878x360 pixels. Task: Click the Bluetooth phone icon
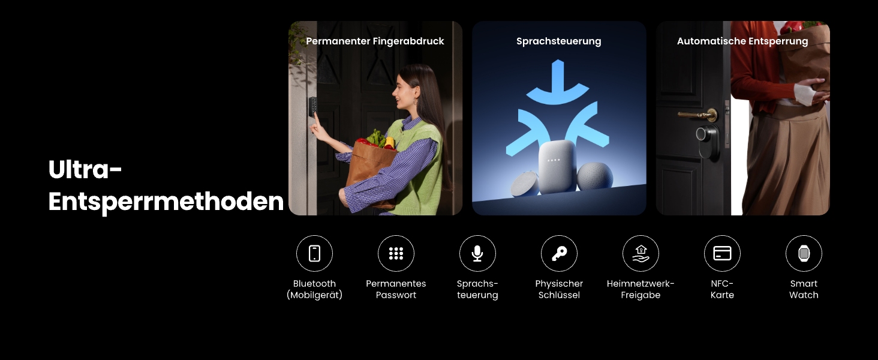click(314, 253)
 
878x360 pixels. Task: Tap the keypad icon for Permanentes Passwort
click(396, 253)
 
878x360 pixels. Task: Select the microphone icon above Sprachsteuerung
click(477, 253)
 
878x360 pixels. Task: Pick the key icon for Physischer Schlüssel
click(559, 253)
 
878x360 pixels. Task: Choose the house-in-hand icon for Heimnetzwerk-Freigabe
click(641, 253)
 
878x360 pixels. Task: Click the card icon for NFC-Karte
click(722, 253)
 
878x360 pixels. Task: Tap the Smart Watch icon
click(804, 253)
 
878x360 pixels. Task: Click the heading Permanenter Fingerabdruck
click(375, 41)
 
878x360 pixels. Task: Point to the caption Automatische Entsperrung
click(742, 41)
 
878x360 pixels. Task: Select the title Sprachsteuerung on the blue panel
click(558, 41)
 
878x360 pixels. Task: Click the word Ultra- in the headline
click(85, 170)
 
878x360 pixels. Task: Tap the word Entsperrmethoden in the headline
click(166, 202)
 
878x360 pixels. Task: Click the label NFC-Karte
click(722, 289)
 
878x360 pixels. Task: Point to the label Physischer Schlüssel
click(559, 289)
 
